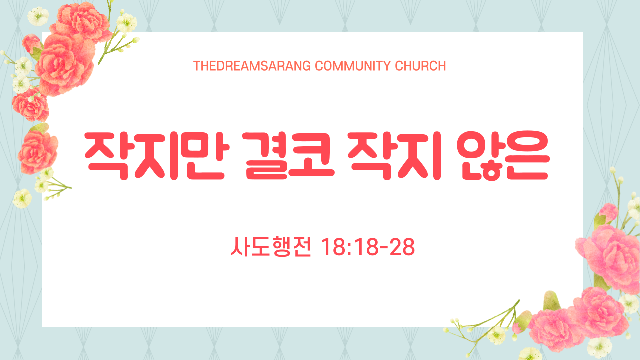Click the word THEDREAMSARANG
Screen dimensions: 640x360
[x=252, y=66]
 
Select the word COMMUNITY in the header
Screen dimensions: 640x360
[x=353, y=66]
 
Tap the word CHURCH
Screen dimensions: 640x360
[x=420, y=66]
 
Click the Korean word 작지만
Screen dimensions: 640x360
[x=157, y=156]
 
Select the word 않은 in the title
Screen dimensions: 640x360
[x=503, y=156]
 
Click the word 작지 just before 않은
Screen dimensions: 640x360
[x=395, y=156]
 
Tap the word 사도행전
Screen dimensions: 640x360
[x=271, y=247]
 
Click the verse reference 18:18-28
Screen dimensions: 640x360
[x=368, y=247]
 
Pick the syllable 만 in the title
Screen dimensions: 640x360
[x=205, y=156]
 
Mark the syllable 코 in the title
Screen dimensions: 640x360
[x=311, y=156]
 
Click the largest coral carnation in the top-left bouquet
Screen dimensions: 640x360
[x=65, y=65]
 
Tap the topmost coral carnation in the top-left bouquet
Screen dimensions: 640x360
[x=81, y=21]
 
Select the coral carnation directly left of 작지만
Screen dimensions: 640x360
[x=38, y=152]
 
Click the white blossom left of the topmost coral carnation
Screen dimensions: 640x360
[x=38, y=16]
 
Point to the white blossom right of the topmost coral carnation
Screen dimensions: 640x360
[x=126, y=23]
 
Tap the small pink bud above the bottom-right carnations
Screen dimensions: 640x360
[x=608, y=213]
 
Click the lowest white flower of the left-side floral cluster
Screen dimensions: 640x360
[x=22, y=198]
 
